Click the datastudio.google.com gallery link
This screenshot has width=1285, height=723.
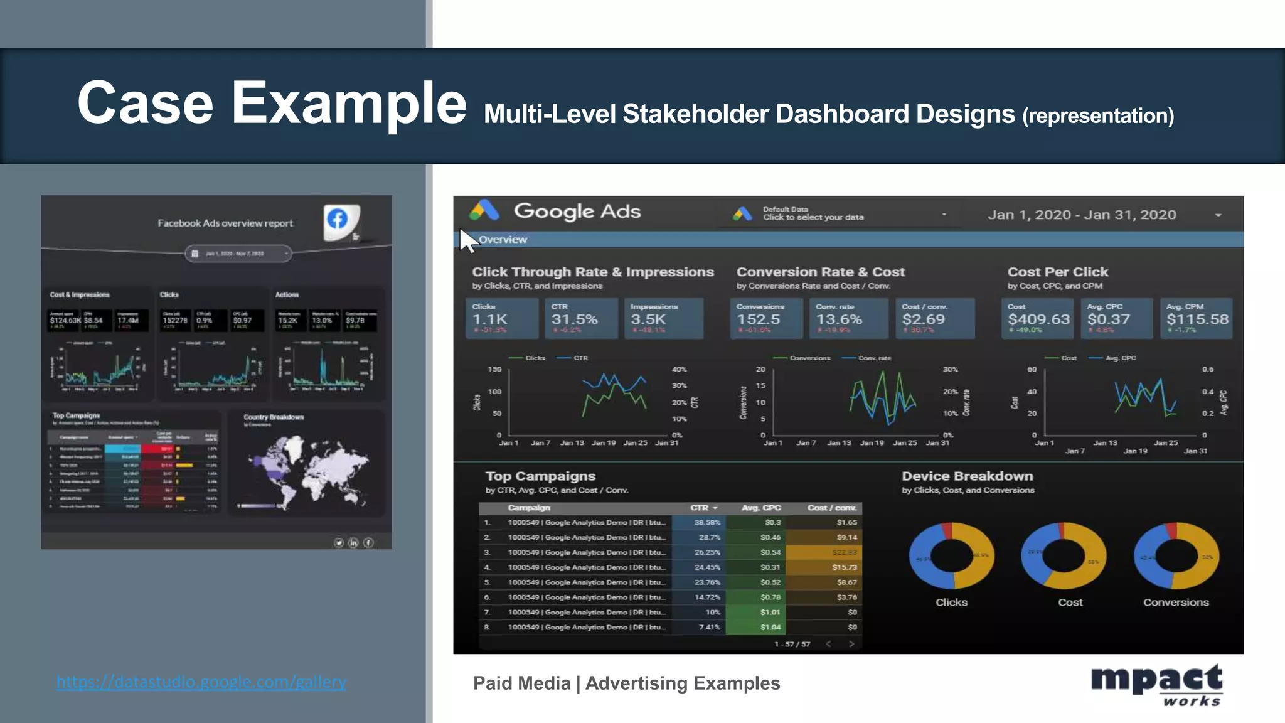201,682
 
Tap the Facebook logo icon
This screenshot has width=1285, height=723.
338,219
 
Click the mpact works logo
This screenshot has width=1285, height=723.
1156,685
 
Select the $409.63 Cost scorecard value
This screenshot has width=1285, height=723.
1038,319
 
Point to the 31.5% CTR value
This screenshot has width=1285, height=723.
574,319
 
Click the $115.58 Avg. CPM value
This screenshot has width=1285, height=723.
1197,319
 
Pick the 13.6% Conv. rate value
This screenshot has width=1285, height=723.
839,319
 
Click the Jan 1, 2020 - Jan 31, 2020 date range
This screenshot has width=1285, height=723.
1082,215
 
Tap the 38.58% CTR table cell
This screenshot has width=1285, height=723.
707,522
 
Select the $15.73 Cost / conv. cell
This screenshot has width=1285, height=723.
844,567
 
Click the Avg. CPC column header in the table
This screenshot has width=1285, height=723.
761,508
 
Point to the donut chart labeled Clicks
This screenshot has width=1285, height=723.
951,556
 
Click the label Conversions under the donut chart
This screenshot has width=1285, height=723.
1175,602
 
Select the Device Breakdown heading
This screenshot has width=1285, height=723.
967,476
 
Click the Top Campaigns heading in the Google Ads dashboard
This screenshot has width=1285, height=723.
540,476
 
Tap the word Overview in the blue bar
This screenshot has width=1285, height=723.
503,240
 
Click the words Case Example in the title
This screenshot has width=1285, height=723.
272,103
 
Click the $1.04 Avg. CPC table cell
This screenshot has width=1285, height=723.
770,627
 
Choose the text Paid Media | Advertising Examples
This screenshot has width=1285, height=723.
626,683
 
